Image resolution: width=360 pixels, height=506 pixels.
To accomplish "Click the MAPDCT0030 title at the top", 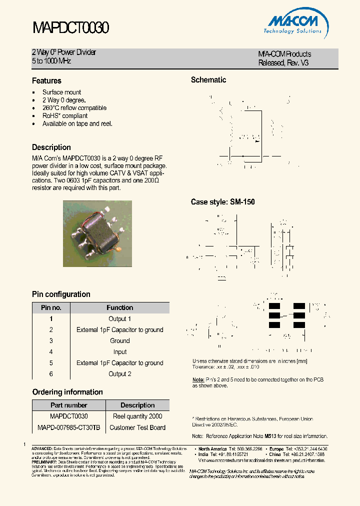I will [70, 27].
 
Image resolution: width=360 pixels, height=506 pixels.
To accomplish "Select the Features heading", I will [46, 80].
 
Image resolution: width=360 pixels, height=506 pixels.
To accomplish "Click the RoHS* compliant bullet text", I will [64, 115].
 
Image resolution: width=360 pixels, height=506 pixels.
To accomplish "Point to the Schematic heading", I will [208, 80].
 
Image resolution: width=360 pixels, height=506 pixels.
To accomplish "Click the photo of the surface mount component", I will [97, 233].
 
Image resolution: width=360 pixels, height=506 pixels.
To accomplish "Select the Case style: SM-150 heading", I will [222, 202].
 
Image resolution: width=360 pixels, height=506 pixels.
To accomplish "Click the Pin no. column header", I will [51, 307].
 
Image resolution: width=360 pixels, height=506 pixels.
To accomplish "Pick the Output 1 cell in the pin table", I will [119, 318].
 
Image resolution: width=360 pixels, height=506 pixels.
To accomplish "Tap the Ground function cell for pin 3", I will [119, 340].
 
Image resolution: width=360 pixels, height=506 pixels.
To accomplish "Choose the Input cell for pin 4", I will [119, 351].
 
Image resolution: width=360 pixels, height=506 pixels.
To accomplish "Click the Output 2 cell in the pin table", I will [119, 373].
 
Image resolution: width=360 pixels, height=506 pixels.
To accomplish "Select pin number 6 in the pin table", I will [51, 373].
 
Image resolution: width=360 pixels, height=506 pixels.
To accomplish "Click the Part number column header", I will [69, 405].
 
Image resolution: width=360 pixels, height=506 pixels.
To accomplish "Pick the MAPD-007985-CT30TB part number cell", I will [69, 427].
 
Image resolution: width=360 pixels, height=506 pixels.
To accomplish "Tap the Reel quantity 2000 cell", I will [137, 416].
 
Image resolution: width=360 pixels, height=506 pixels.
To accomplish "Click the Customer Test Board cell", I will [137, 427].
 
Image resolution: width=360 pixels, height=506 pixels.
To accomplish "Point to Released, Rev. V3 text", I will [283, 63].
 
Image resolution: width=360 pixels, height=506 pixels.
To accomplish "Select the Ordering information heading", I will [67, 392].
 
